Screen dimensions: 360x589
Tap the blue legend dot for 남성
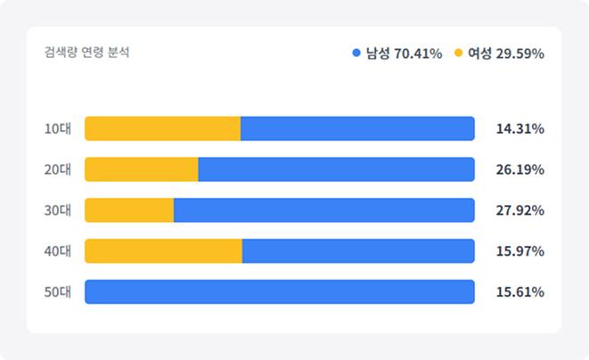click(356, 53)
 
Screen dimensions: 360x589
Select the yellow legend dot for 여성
click(459, 53)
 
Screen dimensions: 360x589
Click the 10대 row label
click(57, 128)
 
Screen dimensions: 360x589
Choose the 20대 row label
click(57, 169)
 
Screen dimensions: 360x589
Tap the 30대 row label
click(57, 210)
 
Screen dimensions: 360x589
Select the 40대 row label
click(57, 251)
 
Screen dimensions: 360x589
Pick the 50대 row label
click(57, 292)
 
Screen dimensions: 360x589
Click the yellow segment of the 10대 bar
click(162, 128)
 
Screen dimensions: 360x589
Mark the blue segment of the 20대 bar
click(336, 169)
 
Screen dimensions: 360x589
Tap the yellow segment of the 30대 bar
click(129, 210)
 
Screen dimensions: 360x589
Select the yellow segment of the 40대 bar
click(163, 251)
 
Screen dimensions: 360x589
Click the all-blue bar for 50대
click(279, 292)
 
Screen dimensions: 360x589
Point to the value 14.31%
click(519, 128)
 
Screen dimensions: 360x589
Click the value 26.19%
click(519, 169)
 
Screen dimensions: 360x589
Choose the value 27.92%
click(519, 210)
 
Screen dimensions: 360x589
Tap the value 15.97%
click(519, 251)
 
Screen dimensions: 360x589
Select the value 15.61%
click(519, 292)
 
